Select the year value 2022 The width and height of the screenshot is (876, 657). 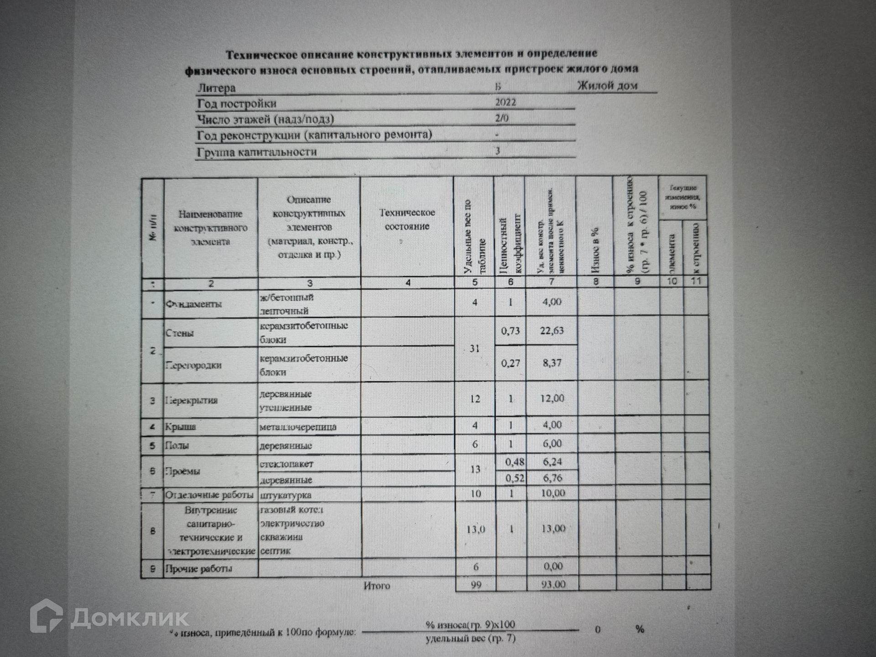pyautogui.click(x=506, y=102)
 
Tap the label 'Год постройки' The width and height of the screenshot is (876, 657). pyautogui.click(x=237, y=104)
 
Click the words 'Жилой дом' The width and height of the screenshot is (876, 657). pyautogui.click(x=607, y=86)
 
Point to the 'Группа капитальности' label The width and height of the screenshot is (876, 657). pyautogui.click(x=257, y=152)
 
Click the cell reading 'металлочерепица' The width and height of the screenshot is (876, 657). pyautogui.click(x=298, y=427)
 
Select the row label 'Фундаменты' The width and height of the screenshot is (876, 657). pyautogui.click(x=194, y=304)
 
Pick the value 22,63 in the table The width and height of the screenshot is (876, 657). pyautogui.click(x=552, y=331)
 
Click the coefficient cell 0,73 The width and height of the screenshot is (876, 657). pyautogui.click(x=510, y=331)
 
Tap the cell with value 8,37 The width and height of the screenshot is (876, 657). pyautogui.click(x=552, y=363)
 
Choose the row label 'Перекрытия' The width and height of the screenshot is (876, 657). pyautogui.click(x=192, y=400)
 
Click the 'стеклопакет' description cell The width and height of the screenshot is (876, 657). pyautogui.click(x=287, y=464)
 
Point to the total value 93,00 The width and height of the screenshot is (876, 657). pyautogui.click(x=553, y=584)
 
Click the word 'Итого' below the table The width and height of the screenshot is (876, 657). pyautogui.click(x=377, y=585)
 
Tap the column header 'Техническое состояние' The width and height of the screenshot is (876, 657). pyautogui.click(x=407, y=219)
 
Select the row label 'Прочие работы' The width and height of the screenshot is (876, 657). pyautogui.click(x=198, y=568)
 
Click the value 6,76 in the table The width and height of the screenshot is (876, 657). pyautogui.click(x=553, y=478)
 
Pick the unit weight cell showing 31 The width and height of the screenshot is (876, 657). pyautogui.click(x=474, y=349)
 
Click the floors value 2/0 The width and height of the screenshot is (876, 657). pyautogui.click(x=502, y=118)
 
